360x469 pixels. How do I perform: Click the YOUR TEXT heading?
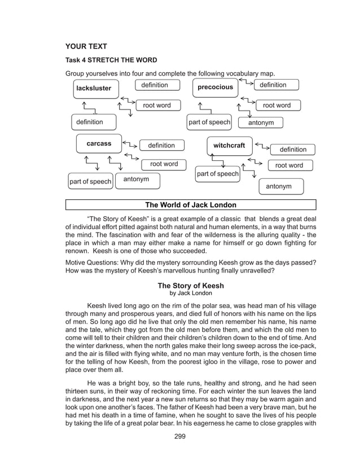[86, 46]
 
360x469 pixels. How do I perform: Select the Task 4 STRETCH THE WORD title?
[111, 60]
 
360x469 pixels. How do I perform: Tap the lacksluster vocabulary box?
[94, 89]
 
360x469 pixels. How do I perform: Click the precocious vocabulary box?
[215, 87]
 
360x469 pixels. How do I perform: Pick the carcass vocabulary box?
[99, 144]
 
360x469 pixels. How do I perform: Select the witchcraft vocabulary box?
[229, 146]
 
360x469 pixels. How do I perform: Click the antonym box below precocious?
[261, 123]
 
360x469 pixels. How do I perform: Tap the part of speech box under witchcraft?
[217, 174]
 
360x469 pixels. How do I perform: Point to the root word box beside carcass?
[164, 164]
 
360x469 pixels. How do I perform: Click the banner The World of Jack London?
[191, 205]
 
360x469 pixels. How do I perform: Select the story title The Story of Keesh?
[190, 286]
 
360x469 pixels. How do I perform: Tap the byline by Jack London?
[190, 293]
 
